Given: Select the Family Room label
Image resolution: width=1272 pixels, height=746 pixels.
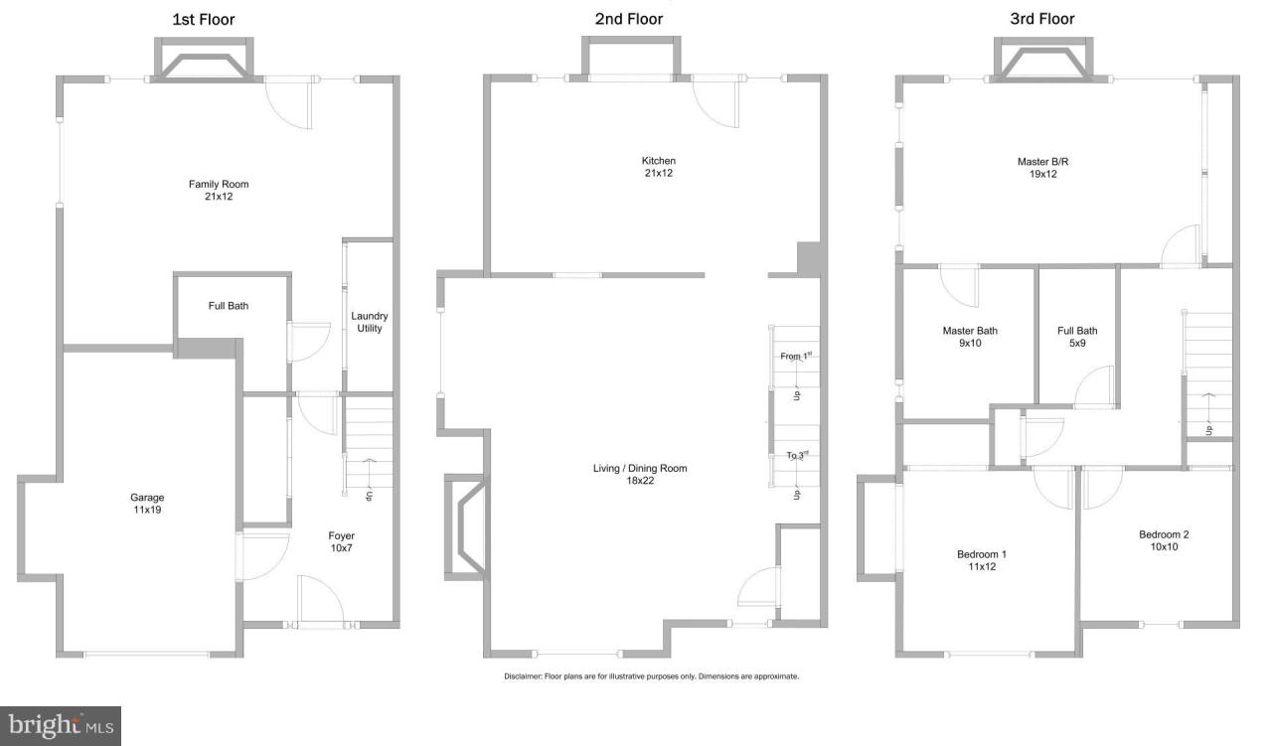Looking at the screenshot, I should (x=219, y=190).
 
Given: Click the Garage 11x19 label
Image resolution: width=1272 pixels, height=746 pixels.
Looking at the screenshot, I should (x=147, y=504).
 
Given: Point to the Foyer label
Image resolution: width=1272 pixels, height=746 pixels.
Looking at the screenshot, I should (x=342, y=542).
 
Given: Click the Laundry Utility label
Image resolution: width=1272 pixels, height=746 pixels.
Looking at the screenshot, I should (x=368, y=322).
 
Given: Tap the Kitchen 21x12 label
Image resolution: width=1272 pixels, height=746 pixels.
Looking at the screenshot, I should (x=658, y=167).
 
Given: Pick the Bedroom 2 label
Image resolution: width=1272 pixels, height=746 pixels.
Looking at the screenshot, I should (x=1164, y=540).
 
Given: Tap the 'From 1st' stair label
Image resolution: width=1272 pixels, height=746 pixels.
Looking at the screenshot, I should (x=796, y=356).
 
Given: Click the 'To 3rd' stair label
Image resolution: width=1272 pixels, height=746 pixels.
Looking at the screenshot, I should (x=796, y=455).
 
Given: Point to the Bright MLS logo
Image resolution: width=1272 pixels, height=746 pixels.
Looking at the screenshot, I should (x=61, y=725).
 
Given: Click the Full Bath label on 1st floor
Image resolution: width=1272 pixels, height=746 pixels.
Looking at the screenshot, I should (x=229, y=306).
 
